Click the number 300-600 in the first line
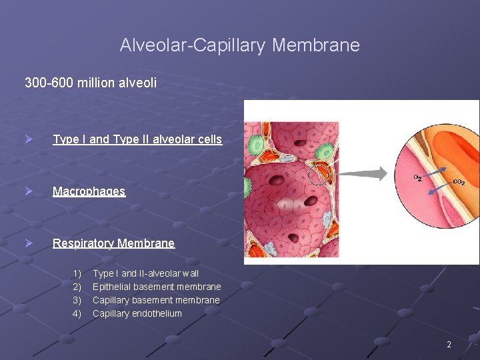click(x=49, y=83)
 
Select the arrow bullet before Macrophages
click(x=29, y=191)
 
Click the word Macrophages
click(x=89, y=191)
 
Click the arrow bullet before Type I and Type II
click(x=29, y=139)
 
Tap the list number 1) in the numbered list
click(x=77, y=273)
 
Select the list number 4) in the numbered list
click(x=77, y=313)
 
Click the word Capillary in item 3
click(x=111, y=300)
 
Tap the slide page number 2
click(x=449, y=345)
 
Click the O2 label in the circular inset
click(x=417, y=178)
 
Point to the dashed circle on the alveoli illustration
click(x=319, y=174)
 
